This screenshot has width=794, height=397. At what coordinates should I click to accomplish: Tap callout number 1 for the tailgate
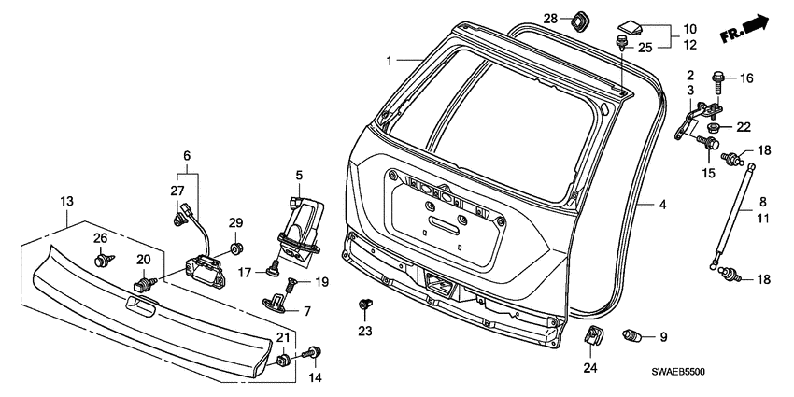click(390, 61)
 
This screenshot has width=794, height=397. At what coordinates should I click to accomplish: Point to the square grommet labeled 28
click(578, 19)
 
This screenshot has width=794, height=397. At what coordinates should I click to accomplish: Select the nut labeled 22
click(714, 127)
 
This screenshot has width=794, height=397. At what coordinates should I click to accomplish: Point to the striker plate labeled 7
click(280, 298)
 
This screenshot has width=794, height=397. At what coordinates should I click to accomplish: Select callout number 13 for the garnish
click(66, 201)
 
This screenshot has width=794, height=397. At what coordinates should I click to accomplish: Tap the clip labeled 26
click(100, 262)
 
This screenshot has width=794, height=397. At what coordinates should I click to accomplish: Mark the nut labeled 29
click(235, 248)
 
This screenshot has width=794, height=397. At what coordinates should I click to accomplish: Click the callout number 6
click(186, 155)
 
